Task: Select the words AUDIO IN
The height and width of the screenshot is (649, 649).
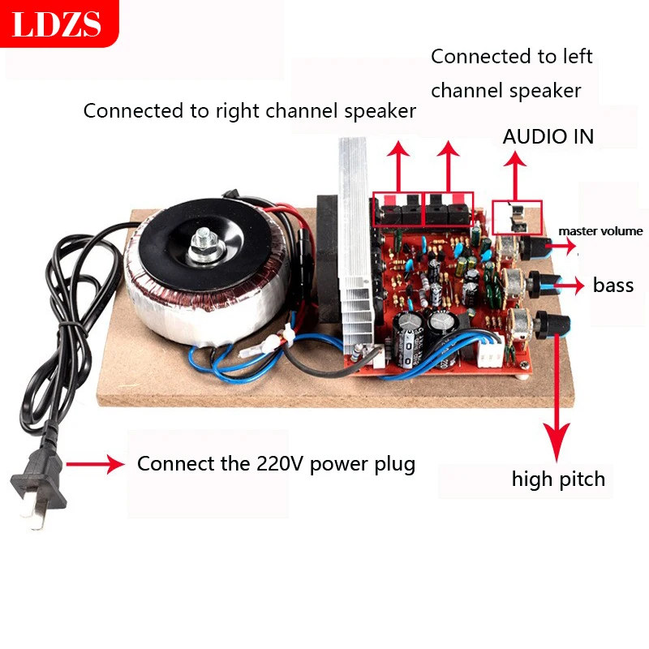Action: coord(548,136)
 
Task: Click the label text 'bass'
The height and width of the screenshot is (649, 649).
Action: coord(613,285)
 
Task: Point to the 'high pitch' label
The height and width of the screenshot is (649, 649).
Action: coord(558,479)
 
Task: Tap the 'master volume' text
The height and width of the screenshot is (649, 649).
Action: coord(600,231)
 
